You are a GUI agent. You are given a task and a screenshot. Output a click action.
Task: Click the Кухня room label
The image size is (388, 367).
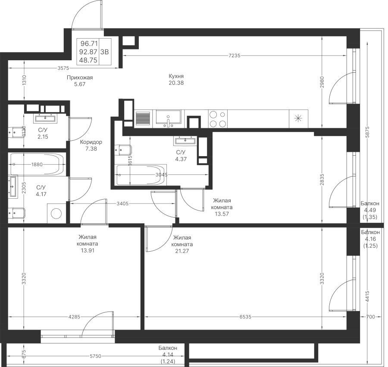pos(176,76)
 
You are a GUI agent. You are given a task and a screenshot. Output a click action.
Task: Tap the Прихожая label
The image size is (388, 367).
pos(80,77)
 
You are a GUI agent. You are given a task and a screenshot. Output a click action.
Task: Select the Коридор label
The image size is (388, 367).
pos(91,142)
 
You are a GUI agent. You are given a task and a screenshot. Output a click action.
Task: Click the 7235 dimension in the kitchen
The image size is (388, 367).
pos(235,56)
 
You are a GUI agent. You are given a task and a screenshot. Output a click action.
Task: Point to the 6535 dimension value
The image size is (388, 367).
pos(245,317)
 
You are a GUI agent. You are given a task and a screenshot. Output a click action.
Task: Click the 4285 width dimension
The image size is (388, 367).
pos(74,317)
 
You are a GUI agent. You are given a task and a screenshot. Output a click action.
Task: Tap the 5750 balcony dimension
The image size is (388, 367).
pos(96,356)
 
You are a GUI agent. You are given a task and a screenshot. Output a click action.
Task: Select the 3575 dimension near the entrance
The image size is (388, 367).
pos(63,68)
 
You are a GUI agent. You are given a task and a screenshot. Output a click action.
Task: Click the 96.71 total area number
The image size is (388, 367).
pos(89,44)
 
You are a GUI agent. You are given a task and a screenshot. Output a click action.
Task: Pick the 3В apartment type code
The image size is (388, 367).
pos(105,52)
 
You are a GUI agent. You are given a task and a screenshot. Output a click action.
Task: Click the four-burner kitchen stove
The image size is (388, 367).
pos(218,119)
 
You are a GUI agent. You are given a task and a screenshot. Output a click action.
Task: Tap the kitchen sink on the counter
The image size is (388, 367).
pos(169,119)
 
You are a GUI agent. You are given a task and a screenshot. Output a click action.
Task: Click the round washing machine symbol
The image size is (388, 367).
pos(56,213)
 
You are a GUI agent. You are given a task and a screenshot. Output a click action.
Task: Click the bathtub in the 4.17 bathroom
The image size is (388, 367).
pos(37,164)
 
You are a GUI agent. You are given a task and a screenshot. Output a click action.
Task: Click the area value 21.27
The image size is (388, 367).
pos(182,251)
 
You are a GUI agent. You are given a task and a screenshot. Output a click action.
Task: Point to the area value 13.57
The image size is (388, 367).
pos(222,214)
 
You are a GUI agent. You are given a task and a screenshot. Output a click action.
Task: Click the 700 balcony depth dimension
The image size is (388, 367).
pos(370,317)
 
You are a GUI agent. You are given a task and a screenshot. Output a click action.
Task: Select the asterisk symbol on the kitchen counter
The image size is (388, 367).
pos(298,119)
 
